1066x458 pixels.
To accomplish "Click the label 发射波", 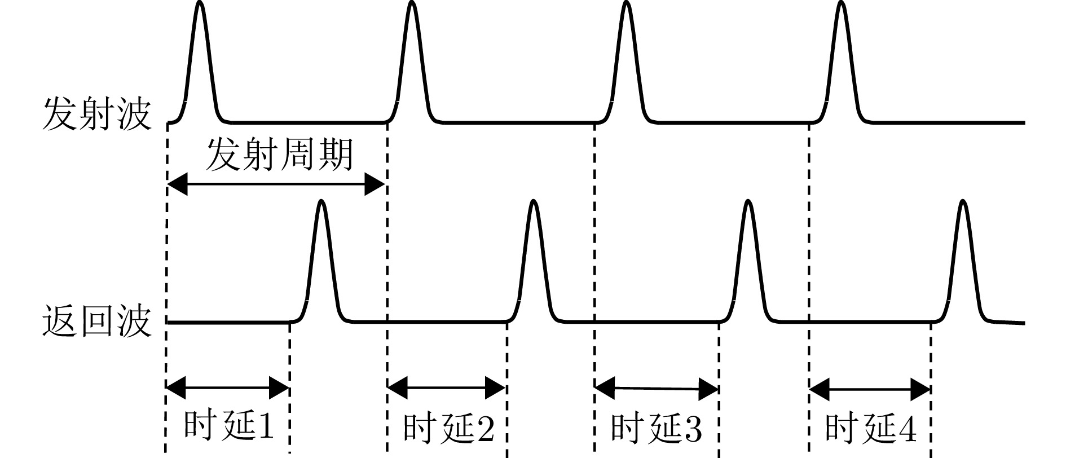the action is (x=97, y=114).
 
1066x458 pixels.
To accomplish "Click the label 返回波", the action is (x=97, y=322).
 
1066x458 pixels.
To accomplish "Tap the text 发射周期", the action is (x=279, y=155).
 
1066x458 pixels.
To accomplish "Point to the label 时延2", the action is (x=449, y=428).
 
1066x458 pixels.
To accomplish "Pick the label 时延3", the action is (x=657, y=428).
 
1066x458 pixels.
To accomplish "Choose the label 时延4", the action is (x=870, y=428).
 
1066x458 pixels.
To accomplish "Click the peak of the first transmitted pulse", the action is (x=199, y=3).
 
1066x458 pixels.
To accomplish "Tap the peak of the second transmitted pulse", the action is (x=412, y=3).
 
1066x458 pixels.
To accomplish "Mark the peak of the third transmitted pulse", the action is (x=625, y=3).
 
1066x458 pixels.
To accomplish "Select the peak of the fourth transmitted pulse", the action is (x=841, y=3).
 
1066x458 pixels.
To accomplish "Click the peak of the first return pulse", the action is (x=321, y=201).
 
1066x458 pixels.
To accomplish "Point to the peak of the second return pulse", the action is (x=533, y=201).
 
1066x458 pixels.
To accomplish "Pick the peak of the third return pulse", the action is (x=747, y=201).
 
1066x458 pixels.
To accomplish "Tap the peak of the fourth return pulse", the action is (x=963, y=201).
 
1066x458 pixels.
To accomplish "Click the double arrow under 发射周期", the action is (x=276, y=184).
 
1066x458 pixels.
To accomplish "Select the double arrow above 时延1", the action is (x=228, y=387).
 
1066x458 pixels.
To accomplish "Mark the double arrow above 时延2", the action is (x=446, y=387).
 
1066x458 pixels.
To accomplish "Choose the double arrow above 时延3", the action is (x=656, y=388).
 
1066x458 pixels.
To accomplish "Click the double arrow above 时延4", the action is (x=870, y=389).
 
